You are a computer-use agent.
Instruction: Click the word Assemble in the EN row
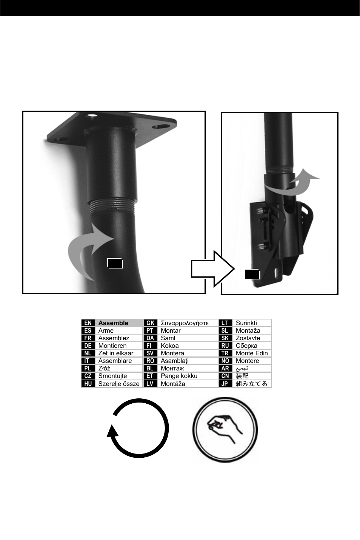[x=113, y=323]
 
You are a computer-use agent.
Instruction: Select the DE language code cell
[x=88, y=346]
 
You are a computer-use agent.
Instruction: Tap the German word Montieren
[x=112, y=346]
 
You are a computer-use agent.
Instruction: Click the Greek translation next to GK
[x=185, y=323]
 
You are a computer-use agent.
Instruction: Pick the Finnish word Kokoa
[x=169, y=346]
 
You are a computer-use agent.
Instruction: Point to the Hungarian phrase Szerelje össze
[x=119, y=384]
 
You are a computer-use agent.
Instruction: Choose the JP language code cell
[x=225, y=384]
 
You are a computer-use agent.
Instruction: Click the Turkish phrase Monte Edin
[x=252, y=353]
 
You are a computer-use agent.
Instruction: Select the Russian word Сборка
[x=246, y=346]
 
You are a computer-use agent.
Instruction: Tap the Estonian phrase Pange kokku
[x=179, y=376]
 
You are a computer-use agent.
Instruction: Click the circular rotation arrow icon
[x=138, y=429]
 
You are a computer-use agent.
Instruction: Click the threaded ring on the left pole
[x=112, y=205]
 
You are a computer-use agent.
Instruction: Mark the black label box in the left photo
[x=115, y=263]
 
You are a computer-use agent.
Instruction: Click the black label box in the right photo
[x=252, y=274]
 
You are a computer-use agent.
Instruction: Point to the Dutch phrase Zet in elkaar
[x=116, y=353]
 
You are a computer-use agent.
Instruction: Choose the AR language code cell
[x=225, y=368]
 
